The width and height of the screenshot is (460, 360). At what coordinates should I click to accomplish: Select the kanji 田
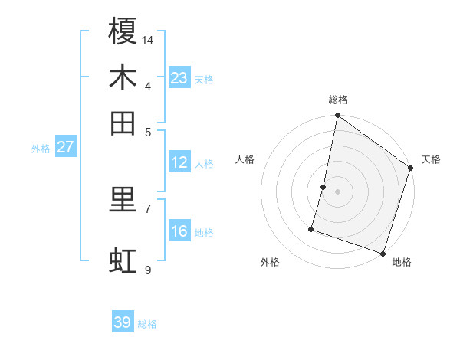click(x=123, y=123)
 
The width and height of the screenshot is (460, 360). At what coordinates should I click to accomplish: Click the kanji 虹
click(x=123, y=261)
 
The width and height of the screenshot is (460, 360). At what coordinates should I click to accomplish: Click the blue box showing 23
click(x=179, y=78)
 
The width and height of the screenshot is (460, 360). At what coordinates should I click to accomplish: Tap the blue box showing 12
click(x=179, y=162)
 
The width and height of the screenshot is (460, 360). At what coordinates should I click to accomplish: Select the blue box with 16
click(x=179, y=231)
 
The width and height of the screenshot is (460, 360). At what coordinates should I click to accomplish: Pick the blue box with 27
click(x=64, y=147)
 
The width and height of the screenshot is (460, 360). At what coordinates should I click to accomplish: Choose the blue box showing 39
click(x=123, y=322)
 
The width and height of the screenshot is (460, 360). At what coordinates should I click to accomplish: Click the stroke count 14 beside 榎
click(x=148, y=40)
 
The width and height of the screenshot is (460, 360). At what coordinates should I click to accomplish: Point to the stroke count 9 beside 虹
click(x=147, y=270)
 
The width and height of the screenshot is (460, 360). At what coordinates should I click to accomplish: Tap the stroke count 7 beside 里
click(x=147, y=208)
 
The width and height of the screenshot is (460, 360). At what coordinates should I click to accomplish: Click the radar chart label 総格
click(x=338, y=100)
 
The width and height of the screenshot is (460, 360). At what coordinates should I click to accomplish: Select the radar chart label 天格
click(x=431, y=159)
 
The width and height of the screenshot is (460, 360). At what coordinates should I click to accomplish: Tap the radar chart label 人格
click(x=245, y=159)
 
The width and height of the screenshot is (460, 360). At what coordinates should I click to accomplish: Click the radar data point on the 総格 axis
click(x=337, y=116)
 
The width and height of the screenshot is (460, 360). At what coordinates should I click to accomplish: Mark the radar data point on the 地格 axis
click(x=382, y=252)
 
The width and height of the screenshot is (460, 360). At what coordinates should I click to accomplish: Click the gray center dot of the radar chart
click(x=337, y=191)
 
